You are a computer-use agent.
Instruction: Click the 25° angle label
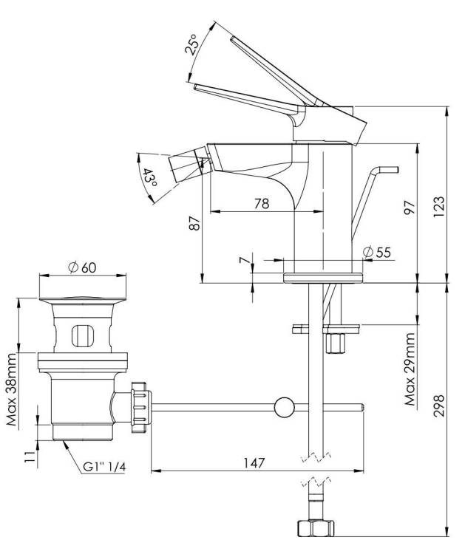192,45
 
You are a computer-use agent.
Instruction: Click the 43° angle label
149,178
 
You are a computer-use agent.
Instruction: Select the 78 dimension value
262,204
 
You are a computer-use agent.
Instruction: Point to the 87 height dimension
195,223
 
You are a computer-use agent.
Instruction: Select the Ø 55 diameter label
377,253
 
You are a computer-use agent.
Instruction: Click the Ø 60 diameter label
82,267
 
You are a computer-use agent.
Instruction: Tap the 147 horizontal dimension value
254,462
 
